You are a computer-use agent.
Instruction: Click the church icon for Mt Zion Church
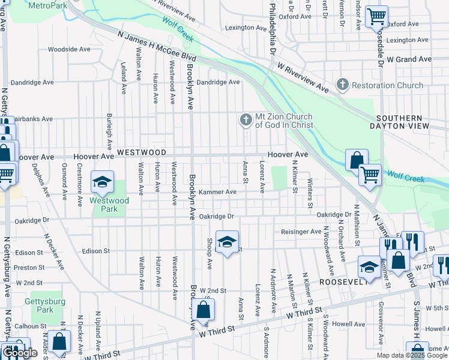[245, 121]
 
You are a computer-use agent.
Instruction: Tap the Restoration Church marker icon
[343, 85]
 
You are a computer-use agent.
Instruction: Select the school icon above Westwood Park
[102, 181]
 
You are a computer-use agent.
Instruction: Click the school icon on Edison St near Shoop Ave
[227, 241]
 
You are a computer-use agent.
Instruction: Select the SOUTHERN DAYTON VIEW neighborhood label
[402, 122]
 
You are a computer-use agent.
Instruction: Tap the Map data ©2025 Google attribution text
[412, 355]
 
